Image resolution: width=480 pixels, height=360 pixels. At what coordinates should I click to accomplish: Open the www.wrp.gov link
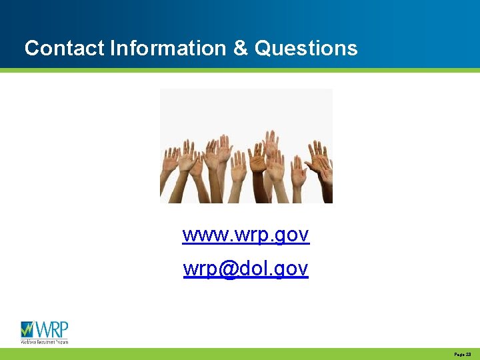245,235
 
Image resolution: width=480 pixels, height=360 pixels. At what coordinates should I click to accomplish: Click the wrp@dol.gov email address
245,269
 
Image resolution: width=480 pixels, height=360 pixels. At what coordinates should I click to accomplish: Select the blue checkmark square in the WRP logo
27,329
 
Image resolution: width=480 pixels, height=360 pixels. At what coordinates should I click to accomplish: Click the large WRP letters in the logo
51,329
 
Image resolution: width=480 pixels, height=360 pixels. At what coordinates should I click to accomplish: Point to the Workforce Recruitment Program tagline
44,341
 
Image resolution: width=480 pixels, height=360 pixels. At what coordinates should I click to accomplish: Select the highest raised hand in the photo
271,141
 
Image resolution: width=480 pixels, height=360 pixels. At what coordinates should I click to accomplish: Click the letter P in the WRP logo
63,329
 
